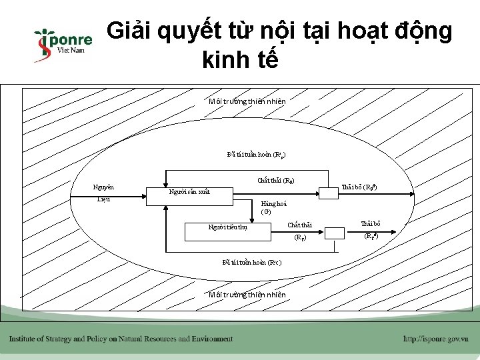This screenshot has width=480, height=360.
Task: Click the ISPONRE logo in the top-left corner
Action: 62,45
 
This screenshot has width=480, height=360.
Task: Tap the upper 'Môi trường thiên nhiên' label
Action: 247,101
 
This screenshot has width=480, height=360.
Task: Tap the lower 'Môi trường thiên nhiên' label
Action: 247,295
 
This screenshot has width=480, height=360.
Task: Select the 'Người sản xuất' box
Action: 189,192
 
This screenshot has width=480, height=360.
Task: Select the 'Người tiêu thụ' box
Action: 227,227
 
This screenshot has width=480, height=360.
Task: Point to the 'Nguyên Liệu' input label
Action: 104,193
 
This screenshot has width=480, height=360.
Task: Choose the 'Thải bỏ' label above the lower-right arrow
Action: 371,224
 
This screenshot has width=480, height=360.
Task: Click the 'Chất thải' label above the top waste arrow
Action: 275,180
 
